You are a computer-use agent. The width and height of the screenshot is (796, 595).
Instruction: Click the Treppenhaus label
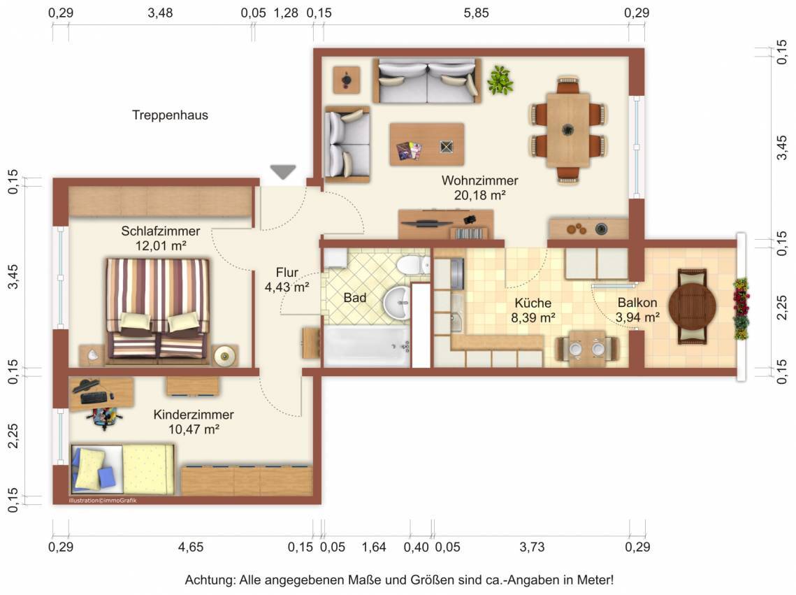[x=170, y=115]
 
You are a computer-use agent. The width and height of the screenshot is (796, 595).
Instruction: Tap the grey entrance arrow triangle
[x=283, y=172]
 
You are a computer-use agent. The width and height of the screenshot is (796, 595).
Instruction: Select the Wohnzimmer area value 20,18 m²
[x=479, y=195]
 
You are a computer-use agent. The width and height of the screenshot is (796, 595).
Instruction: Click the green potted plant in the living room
[x=500, y=80]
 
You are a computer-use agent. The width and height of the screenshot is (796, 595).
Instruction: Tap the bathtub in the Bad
[x=366, y=346]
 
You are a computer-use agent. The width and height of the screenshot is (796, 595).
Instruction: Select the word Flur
[x=287, y=272]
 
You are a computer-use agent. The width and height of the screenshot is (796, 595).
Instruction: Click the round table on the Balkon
[x=692, y=307]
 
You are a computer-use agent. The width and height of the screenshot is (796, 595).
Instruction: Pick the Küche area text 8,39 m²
[x=533, y=318]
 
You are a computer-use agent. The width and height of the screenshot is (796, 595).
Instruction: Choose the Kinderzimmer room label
[x=194, y=415]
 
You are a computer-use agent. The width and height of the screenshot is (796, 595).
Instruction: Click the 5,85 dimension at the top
[x=476, y=13]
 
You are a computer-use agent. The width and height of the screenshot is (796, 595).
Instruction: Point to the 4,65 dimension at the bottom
[x=191, y=547]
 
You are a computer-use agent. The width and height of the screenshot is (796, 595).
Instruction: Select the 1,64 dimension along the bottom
[x=374, y=547]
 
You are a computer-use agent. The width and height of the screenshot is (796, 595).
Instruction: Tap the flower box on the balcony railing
[x=741, y=308]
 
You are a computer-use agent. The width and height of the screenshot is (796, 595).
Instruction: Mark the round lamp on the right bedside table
[x=224, y=355]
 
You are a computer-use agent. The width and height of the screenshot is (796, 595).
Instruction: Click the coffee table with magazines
[x=427, y=144]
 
